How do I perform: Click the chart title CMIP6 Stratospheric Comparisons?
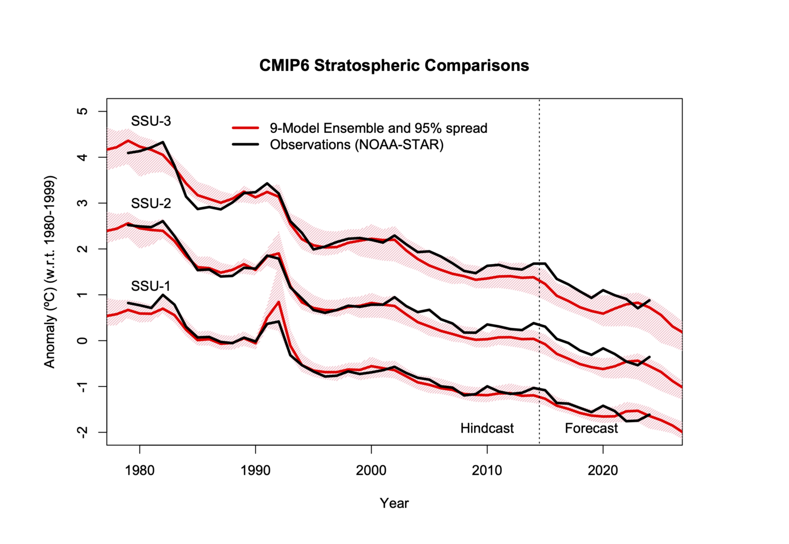tap(394, 66)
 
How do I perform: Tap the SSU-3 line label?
tap(151, 121)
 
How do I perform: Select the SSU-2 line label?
tap(151, 203)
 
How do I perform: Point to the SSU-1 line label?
tap(151, 286)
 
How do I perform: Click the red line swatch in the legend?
tap(246, 128)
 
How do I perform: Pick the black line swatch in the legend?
tap(246, 144)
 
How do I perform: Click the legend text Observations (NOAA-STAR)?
tap(356, 145)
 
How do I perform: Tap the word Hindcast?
tap(486, 428)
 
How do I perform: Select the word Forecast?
tap(591, 428)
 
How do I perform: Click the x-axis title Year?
tap(394, 503)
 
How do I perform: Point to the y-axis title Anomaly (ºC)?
tap(49, 272)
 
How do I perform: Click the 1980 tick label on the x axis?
tap(139, 471)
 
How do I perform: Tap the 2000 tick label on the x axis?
tap(371, 471)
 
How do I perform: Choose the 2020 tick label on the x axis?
tap(603, 471)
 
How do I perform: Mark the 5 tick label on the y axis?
tap(83, 111)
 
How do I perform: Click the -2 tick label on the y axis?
tap(83, 432)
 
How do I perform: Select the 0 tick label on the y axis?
tap(83, 340)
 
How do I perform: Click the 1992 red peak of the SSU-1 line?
tap(278, 302)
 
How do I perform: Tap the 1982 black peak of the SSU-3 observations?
tap(163, 142)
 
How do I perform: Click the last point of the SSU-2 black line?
tap(650, 357)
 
